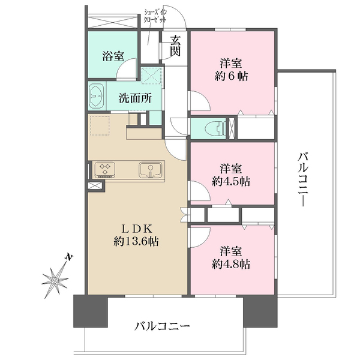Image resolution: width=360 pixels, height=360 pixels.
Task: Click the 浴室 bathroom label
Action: coord(113,56)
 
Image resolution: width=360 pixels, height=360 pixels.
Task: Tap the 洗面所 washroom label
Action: coord(135,98)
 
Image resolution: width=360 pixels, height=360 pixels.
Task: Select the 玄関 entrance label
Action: coord(175,46)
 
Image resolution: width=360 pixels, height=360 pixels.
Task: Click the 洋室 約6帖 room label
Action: coord(231,70)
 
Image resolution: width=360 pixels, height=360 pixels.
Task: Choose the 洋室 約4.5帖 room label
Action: coord(231,175)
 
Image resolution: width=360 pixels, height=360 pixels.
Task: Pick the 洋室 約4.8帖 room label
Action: coord(231,257)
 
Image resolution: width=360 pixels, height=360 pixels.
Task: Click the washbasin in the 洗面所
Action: coord(97,96)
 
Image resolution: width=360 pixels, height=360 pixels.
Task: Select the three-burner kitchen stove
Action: coord(105,170)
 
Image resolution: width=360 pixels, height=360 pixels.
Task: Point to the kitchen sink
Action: coord(151,170)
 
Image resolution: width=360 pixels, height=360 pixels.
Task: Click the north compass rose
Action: coord(55,281)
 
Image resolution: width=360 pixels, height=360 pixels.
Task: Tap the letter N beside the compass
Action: coord(68,257)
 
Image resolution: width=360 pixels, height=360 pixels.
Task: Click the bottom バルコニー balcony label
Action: coord(162,326)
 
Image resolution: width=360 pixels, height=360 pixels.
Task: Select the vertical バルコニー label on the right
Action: coord(303,179)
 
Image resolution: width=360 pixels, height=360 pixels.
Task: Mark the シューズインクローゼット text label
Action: coord(155,16)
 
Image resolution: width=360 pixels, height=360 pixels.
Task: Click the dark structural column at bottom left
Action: coord(91,311)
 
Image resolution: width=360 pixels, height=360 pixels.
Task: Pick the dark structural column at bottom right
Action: coord(260,311)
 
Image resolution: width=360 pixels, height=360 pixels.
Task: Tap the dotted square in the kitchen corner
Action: coord(100,125)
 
